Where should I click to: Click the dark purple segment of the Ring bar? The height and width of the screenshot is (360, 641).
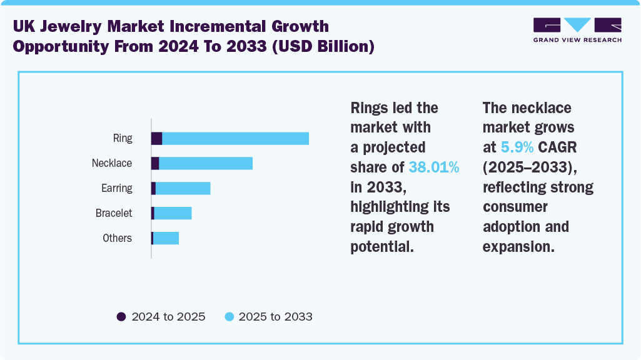[156, 139]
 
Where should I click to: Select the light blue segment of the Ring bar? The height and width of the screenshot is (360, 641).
[236, 139]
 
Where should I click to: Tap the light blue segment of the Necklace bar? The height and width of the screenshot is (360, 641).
[206, 163]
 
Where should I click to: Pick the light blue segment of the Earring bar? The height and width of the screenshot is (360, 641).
[183, 188]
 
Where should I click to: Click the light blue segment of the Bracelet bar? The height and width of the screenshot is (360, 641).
[173, 213]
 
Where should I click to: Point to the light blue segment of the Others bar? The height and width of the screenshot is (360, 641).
[166, 238]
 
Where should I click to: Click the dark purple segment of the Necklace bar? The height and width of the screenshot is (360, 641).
[155, 163]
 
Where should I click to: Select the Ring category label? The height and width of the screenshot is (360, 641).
[123, 138]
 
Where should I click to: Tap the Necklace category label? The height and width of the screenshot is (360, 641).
[112, 163]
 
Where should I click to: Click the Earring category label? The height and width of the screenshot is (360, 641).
[117, 188]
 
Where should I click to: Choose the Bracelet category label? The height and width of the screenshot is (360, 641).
[114, 213]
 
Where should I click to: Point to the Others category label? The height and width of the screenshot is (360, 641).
[118, 238]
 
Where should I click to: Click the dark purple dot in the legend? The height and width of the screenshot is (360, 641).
[121, 317]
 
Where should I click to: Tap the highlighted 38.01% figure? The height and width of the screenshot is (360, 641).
[434, 167]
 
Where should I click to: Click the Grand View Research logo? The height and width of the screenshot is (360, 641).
[577, 29]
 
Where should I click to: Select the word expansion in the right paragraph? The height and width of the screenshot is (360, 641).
[518, 246]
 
